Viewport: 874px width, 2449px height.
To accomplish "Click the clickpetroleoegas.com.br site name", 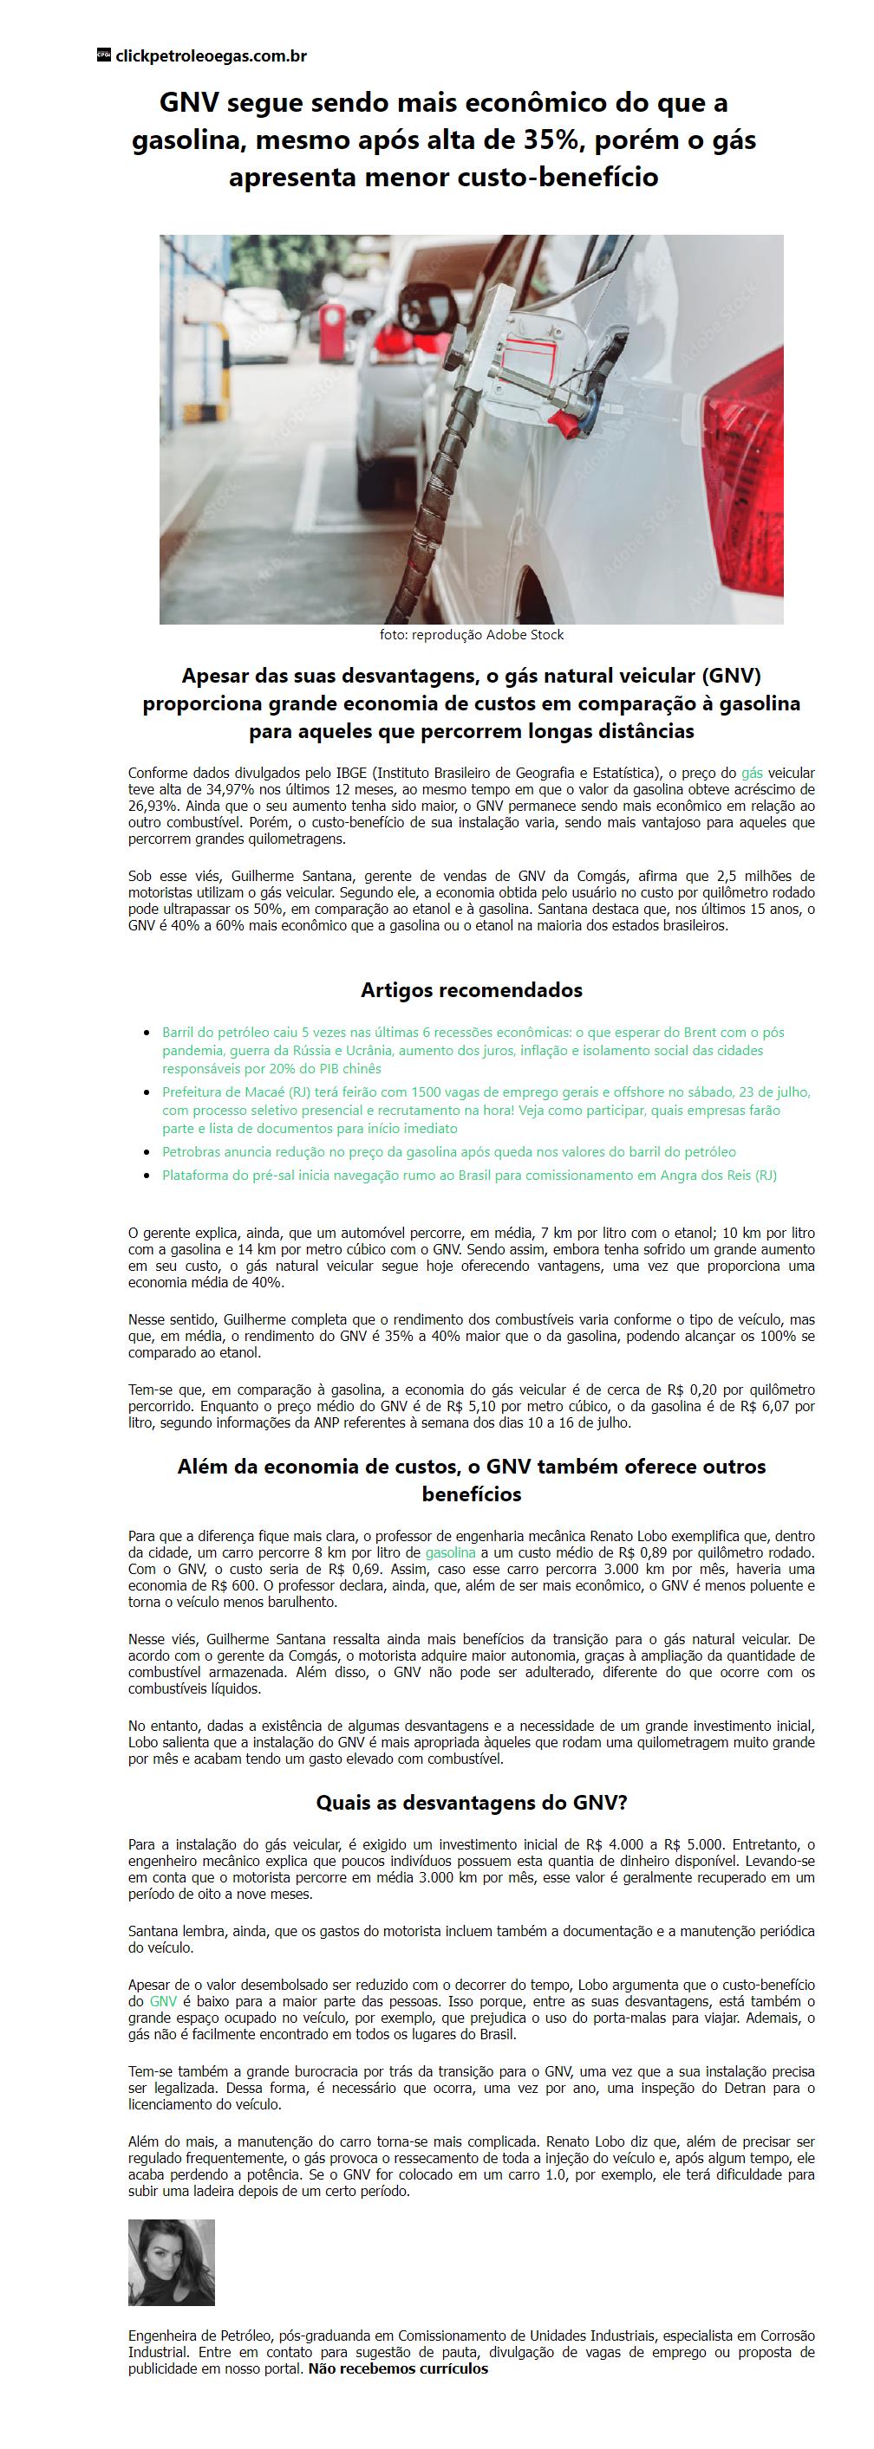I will [210, 56].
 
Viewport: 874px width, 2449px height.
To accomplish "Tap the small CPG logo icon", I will [104, 55].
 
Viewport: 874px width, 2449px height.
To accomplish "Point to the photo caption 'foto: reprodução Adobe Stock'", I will [471, 635].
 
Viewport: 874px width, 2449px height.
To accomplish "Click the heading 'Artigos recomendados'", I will [471, 989].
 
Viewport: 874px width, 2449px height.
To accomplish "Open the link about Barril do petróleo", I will [473, 1051].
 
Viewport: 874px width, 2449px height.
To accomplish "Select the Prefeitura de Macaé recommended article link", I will [485, 1111].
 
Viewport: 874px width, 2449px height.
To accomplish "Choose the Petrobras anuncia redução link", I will [448, 1152].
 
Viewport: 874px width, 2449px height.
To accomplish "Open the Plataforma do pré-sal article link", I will [469, 1175].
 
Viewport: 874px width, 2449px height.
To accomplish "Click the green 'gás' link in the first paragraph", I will [752, 774].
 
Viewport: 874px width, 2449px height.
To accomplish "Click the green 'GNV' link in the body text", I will [163, 2001].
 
